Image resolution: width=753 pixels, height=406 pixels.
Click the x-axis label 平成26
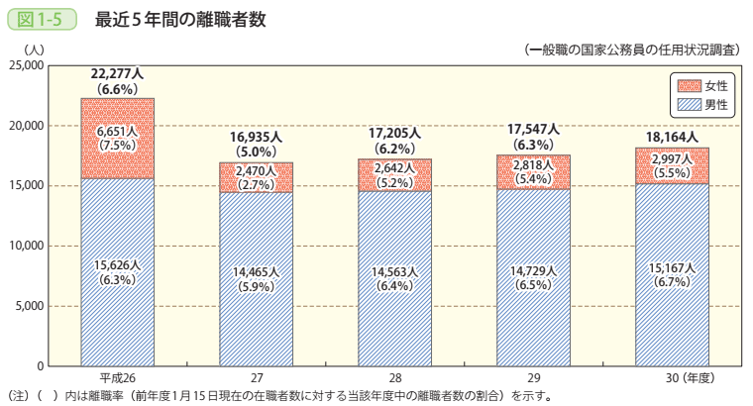pyautogui.click(x=118, y=378)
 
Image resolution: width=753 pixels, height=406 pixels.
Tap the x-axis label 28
pyautogui.click(x=394, y=378)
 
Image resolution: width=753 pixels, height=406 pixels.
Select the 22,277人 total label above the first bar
pyautogui.click(x=118, y=73)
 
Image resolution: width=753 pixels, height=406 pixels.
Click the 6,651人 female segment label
pyautogui.click(x=118, y=131)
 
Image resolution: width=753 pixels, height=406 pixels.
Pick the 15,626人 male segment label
pyautogui.click(x=118, y=265)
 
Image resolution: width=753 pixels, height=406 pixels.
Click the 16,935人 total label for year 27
pyautogui.click(x=257, y=137)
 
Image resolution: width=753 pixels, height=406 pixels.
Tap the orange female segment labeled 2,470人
pyautogui.click(x=257, y=177)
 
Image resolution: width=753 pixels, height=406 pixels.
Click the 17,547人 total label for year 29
pyautogui.click(x=533, y=130)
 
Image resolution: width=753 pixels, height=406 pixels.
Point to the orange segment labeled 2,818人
pyautogui.click(x=533, y=171)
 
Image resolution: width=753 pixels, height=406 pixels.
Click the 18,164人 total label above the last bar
pyautogui.click(x=672, y=137)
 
